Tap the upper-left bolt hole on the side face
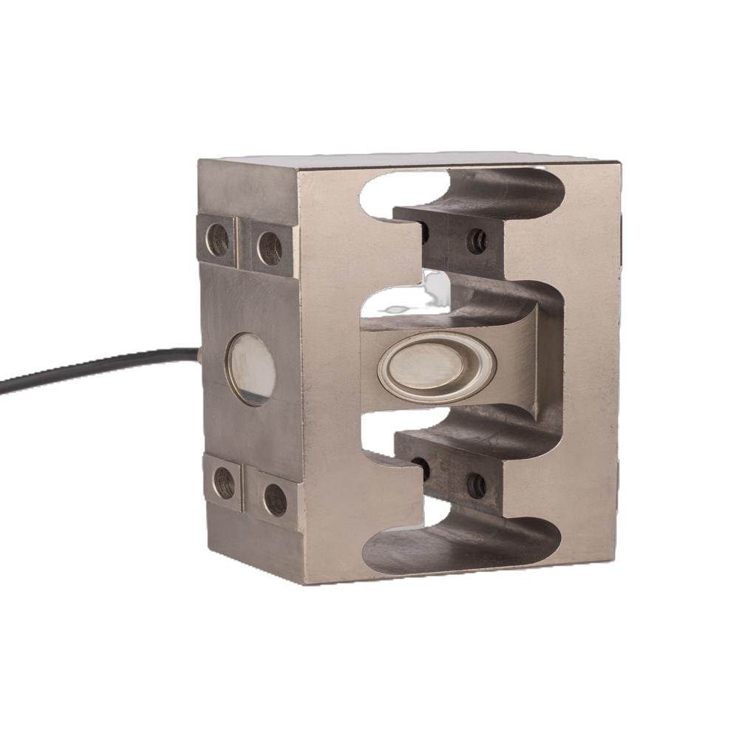pos(217,239)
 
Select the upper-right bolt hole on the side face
pos(270,248)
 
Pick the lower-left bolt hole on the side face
pos(223,483)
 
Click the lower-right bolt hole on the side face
pos(275,500)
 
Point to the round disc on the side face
pos(251,369)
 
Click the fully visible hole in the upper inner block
pos(477,241)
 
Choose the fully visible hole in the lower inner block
pos(476,485)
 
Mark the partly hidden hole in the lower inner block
pos(422,467)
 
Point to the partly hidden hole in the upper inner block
pos(423,234)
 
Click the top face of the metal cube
pos(414,160)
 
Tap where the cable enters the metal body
pos(200,353)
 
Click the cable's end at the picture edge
pos(2,386)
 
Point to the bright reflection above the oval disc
pos(436,285)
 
